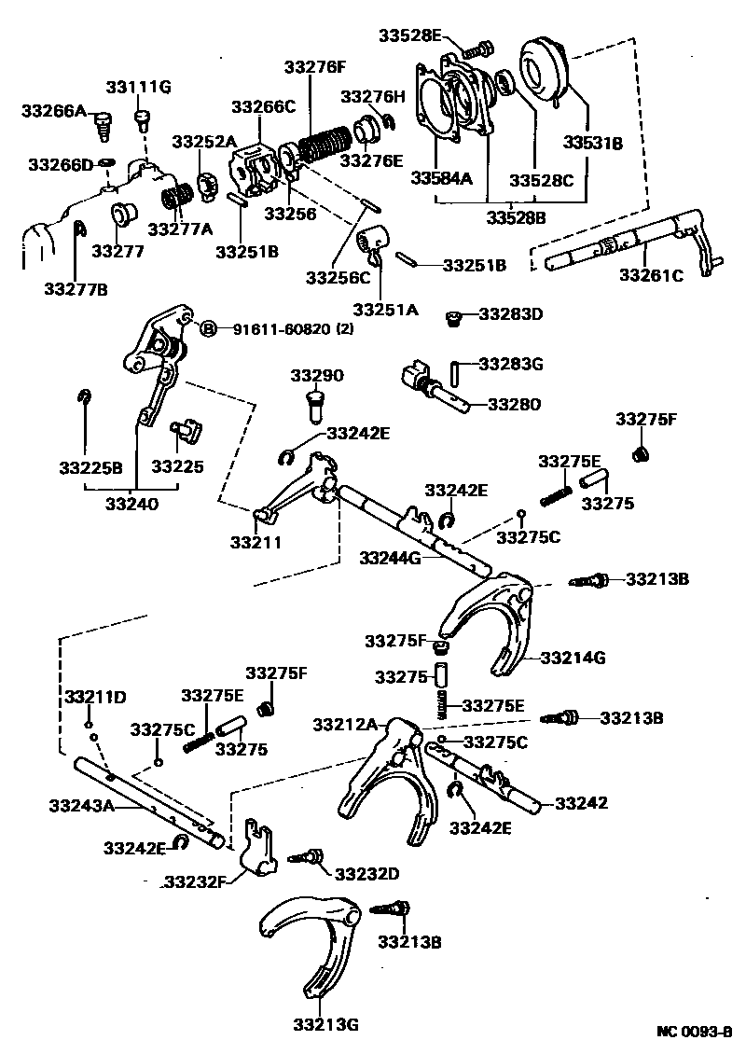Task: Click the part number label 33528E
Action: [410, 35]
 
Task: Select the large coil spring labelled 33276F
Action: [323, 148]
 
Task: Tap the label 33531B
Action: [591, 143]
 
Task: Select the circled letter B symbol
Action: [209, 328]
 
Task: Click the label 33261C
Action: [651, 275]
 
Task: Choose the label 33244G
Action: [391, 558]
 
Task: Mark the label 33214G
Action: [573, 658]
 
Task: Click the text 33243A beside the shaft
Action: [80, 805]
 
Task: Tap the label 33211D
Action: [95, 697]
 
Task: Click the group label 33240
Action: [131, 503]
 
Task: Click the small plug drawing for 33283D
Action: [454, 320]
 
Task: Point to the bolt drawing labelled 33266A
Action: [104, 122]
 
